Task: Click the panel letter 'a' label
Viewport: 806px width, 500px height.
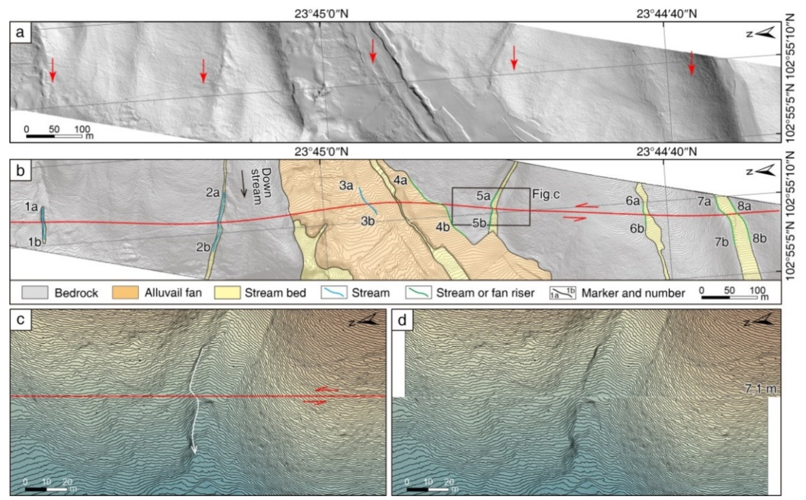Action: [x=20, y=32]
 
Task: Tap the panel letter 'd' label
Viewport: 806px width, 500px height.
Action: [x=402, y=320]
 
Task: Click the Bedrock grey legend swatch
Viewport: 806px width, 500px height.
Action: [x=35, y=293]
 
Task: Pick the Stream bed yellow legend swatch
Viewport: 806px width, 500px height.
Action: [x=227, y=293]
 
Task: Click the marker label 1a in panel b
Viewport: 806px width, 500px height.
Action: [x=31, y=207]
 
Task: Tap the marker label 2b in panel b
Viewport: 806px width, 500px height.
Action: [x=203, y=247]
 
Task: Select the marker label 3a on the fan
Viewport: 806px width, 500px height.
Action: [x=346, y=185]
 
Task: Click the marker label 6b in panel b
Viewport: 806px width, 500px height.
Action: [x=637, y=228]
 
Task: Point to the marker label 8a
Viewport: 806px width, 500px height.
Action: [x=744, y=206]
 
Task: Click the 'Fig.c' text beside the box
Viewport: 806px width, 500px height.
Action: [x=546, y=194]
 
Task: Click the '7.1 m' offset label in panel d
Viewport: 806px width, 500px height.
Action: [x=760, y=388]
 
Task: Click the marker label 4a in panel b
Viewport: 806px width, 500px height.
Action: [x=400, y=180]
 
